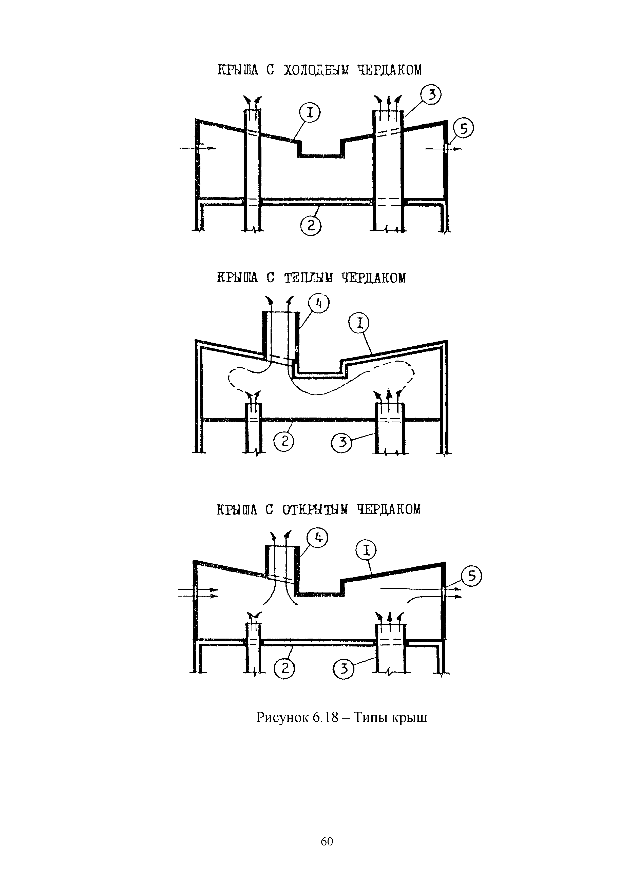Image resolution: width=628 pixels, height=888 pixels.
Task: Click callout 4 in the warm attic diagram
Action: tap(318, 304)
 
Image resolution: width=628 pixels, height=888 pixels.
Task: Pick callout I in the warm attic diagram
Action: tap(359, 324)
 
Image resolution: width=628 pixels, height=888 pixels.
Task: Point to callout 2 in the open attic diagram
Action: tap(284, 668)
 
